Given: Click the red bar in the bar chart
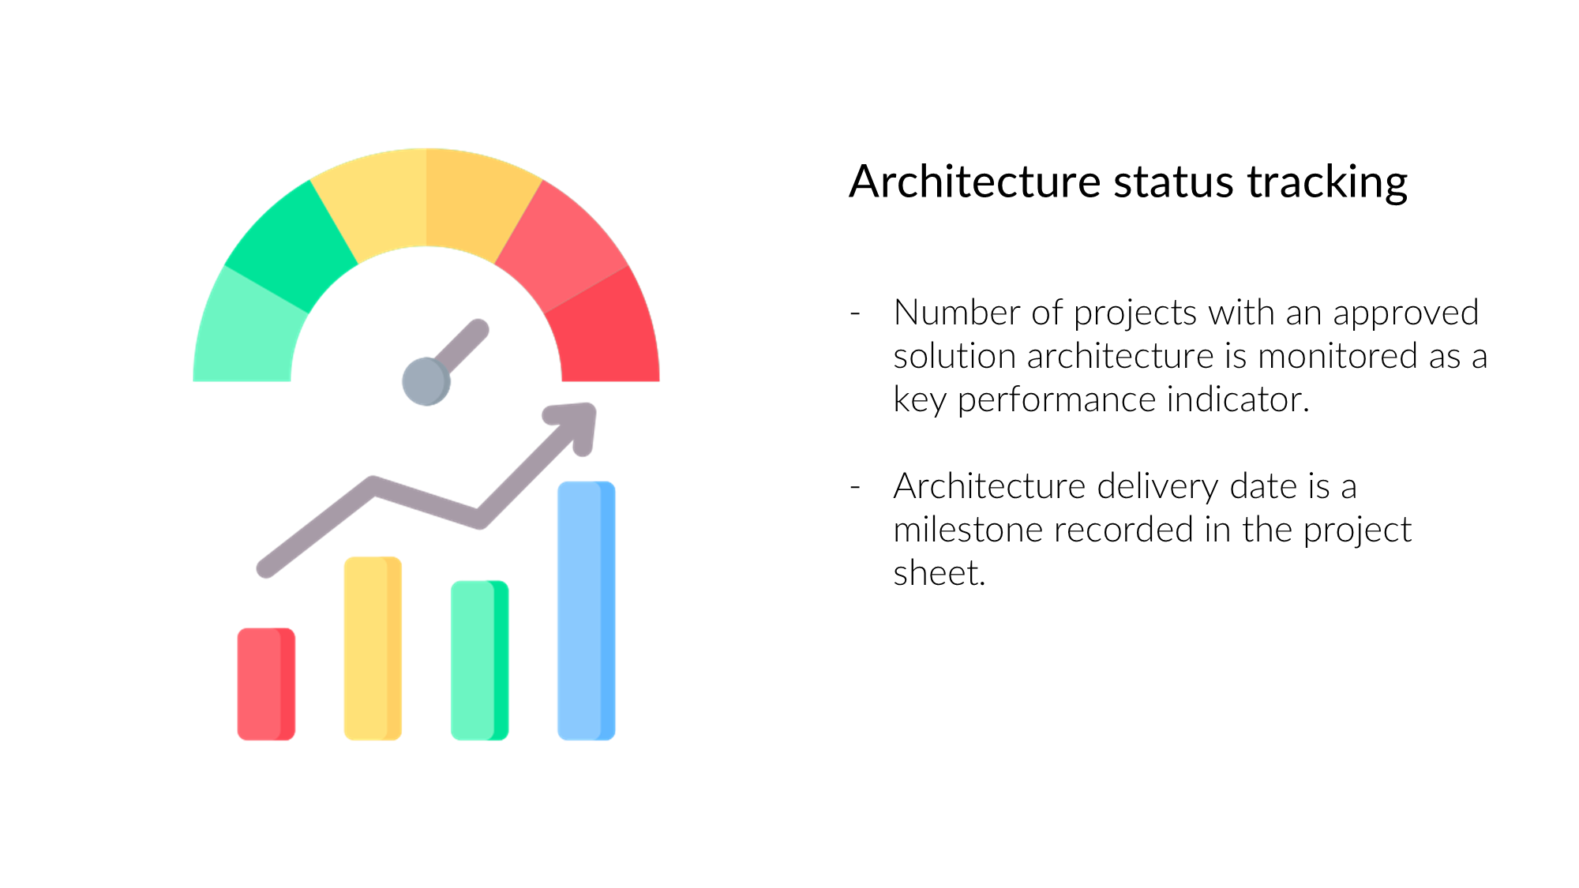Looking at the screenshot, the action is [x=266, y=684].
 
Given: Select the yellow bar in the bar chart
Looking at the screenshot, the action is [x=373, y=648].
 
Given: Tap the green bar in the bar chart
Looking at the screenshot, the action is [x=479, y=661].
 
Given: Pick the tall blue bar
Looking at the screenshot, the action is [x=586, y=611].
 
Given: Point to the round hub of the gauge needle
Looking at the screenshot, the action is [x=426, y=381].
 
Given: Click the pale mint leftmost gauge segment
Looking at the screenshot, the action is [x=246, y=328].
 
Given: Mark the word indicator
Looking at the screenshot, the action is [x=1238, y=399].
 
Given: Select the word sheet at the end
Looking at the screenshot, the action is [x=940, y=573].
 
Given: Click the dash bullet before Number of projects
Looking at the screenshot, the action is [x=855, y=313].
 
